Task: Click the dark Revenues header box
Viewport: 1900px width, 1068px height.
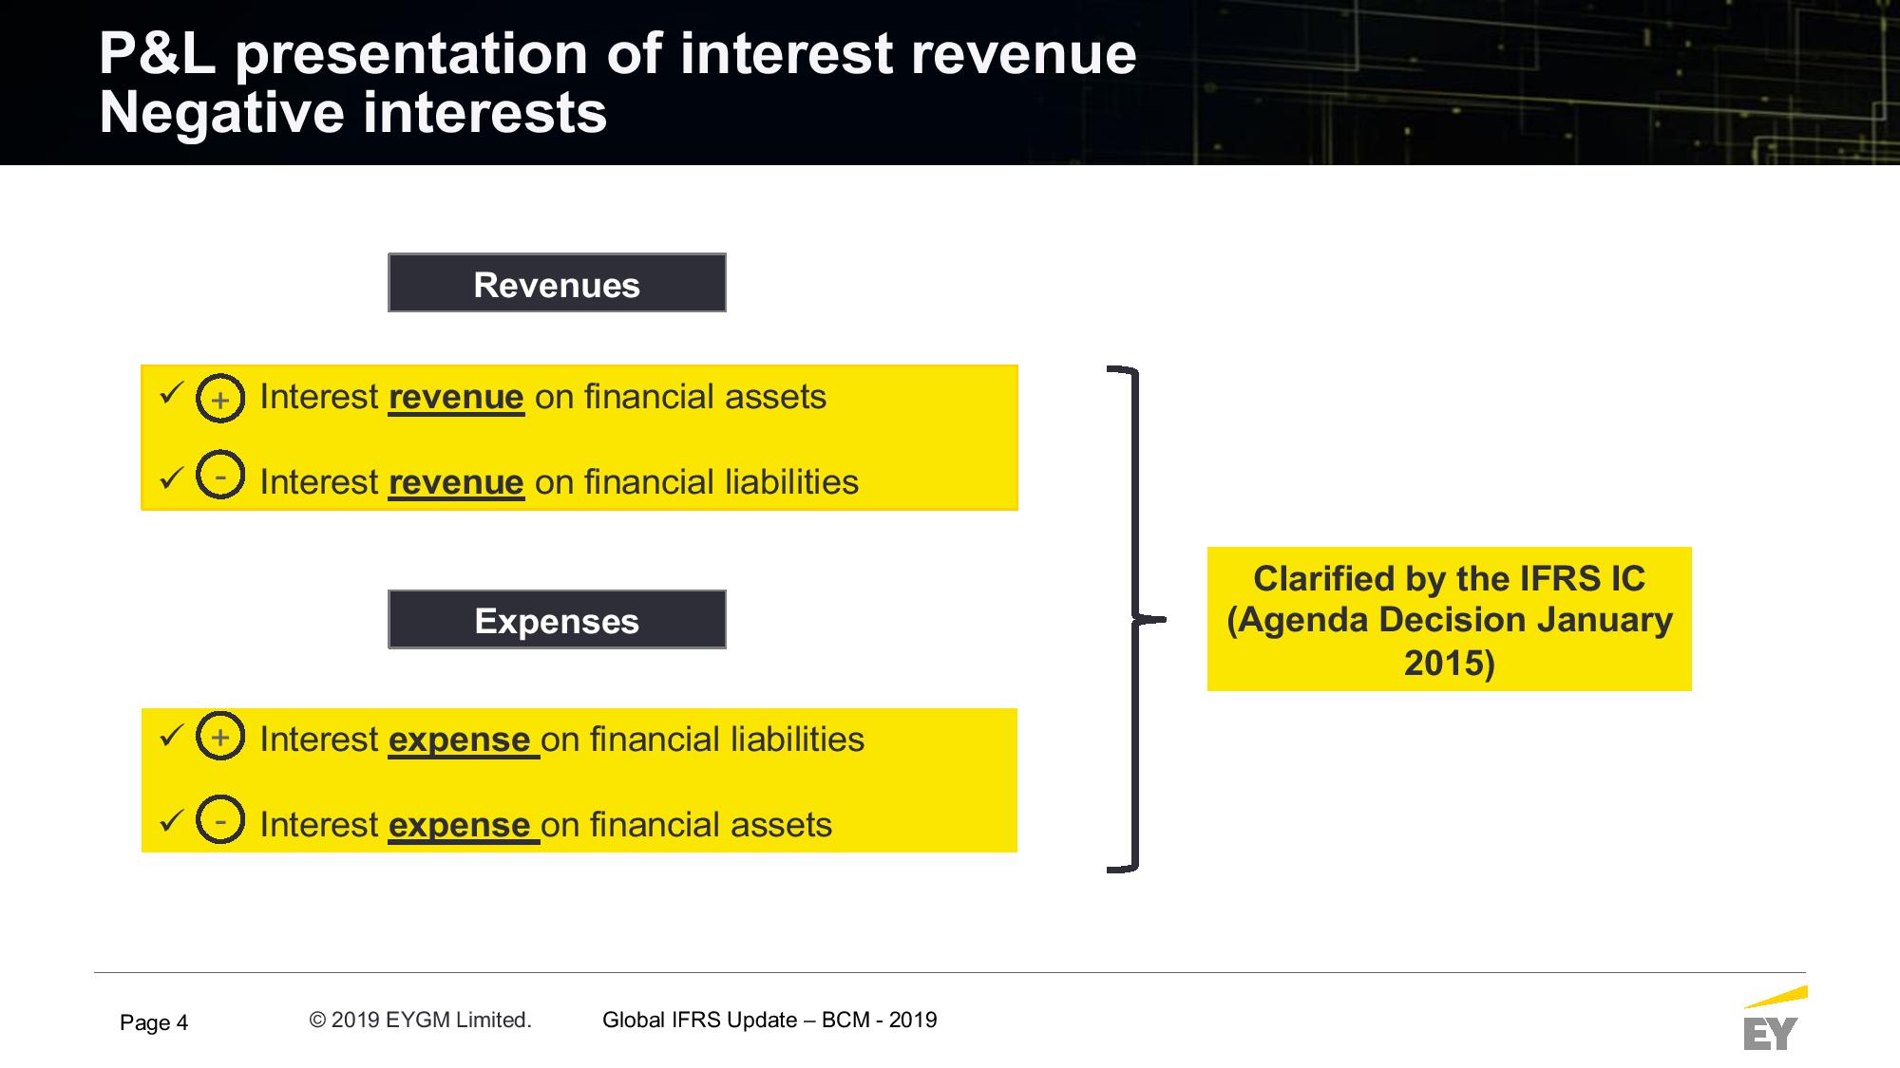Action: coord(557,283)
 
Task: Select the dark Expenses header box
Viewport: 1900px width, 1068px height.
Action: coord(557,620)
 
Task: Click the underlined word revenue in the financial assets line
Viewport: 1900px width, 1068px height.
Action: coord(456,398)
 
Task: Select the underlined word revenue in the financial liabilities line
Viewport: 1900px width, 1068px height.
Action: coord(456,483)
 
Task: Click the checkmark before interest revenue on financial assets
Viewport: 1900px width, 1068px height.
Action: coord(171,392)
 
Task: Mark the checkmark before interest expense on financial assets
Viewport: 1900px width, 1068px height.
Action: coord(171,820)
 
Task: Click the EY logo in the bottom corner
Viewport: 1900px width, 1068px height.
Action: coord(1774,1019)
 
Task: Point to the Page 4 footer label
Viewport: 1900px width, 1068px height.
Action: coord(154,1022)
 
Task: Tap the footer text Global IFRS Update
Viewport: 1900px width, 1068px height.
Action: coord(700,1020)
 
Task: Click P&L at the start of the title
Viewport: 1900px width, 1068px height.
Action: coord(158,53)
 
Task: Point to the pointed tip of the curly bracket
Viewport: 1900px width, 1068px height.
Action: coord(1165,620)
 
